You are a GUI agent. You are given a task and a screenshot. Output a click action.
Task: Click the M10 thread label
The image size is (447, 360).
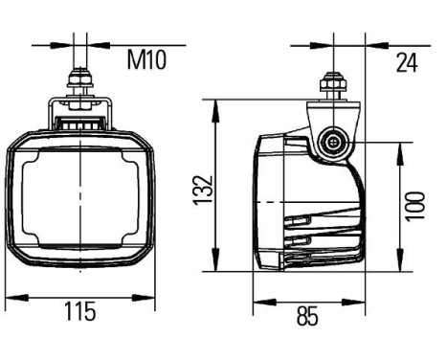146,61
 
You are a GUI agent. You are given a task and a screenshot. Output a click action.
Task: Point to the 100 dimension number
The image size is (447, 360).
413,204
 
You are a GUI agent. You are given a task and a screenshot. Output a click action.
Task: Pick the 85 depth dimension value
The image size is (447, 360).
307,315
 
